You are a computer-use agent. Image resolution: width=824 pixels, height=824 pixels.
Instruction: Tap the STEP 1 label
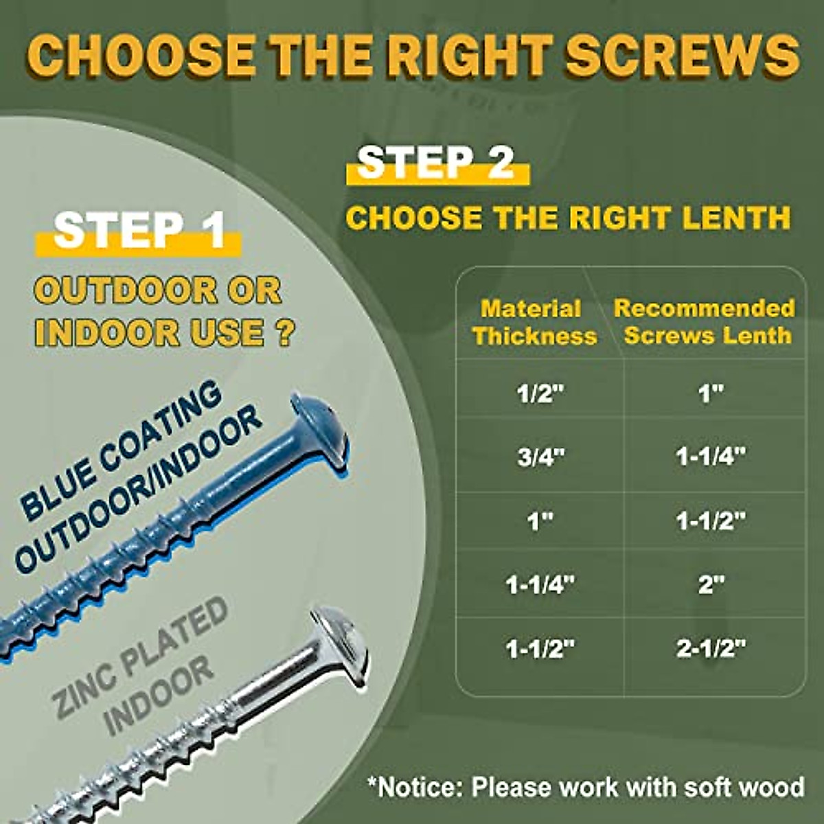(x=139, y=231)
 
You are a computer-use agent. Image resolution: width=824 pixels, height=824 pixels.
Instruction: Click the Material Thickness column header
(x=534, y=322)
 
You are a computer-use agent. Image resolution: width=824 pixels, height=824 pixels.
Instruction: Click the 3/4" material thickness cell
(x=539, y=457)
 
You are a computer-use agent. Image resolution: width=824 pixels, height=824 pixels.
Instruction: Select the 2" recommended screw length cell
(x=710, y=585)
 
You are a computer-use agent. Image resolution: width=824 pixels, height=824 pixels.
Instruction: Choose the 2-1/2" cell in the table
(x=710, y=648)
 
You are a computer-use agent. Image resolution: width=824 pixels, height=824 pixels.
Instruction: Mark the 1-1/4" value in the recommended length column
(x=710, y=457)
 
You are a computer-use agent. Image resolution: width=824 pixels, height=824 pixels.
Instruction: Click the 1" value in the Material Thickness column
(x=540, y=521)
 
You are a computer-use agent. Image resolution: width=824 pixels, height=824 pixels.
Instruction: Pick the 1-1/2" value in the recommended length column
(x=710, y=521)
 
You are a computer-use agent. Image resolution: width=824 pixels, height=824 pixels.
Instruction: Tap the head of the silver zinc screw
(x=340, y=642)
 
